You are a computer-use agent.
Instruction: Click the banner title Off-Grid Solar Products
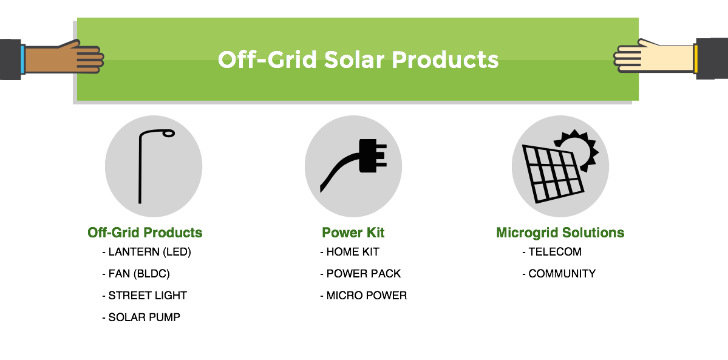pyautogui.click(x=358, y=60)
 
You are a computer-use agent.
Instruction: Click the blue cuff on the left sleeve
pyautogui.click(x=22, y=59)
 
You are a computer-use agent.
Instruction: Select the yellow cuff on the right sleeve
pyautogui.click(x=695, y=58)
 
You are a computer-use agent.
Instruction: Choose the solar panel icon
pyautogui.click(x=553, y=174)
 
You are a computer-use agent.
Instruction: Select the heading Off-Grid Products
pyautogui.click(x=145, y=233)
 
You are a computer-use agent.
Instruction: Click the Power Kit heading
pyautogui.click(x=353, y=233)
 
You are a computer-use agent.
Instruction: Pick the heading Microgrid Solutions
pyautogui.click(x=560, y=233)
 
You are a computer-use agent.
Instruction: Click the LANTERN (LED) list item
pyautogui.click(x=147, y=252)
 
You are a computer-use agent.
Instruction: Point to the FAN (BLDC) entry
pyautogui.click(x=136, y=274)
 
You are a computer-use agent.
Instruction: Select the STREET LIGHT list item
pyautogui.click(x=145, y=296)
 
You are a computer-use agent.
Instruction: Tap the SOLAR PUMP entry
pyautogui.click(x=141, y=318)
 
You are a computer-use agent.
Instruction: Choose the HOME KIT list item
pyautogui.click(x=350, y=252)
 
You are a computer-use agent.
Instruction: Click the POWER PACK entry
pyautogui.click(x=360, y=274)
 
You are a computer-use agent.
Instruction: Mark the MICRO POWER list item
pyautogui.click(x=364, y=296)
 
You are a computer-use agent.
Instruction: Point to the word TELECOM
pyautogui.click(x=555, y=252)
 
